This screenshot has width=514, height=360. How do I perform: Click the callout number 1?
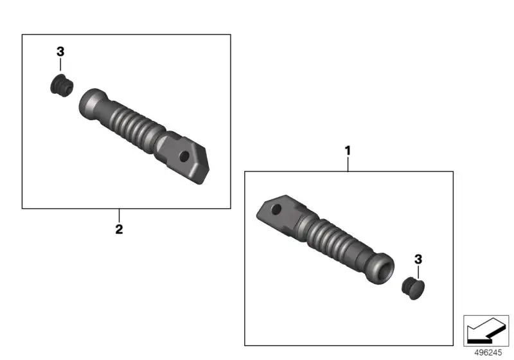click(348, 151)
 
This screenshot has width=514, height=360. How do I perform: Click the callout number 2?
click(119, 230)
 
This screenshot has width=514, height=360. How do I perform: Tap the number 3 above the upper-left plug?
click(60, 51)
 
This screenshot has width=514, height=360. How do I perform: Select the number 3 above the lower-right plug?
click(418, 259)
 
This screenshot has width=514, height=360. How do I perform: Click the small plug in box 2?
click(62, 85)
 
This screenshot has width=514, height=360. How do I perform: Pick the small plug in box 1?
click(413, 288)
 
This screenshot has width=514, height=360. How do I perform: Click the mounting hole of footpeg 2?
click(184, 156)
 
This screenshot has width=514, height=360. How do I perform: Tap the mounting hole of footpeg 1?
click(276, 209)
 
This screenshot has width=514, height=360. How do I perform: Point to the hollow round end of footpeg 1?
click(382, 268)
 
